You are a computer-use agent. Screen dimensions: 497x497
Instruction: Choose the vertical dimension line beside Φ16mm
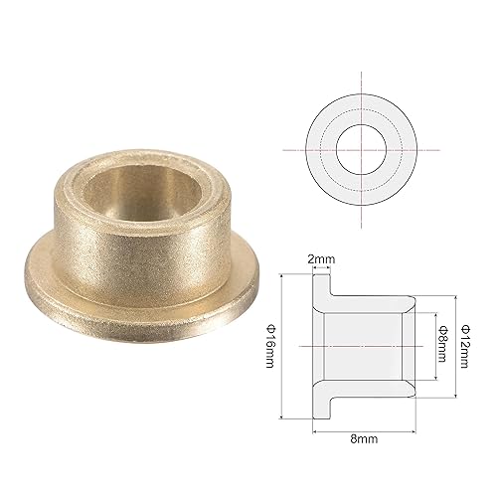tap(285, 344)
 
